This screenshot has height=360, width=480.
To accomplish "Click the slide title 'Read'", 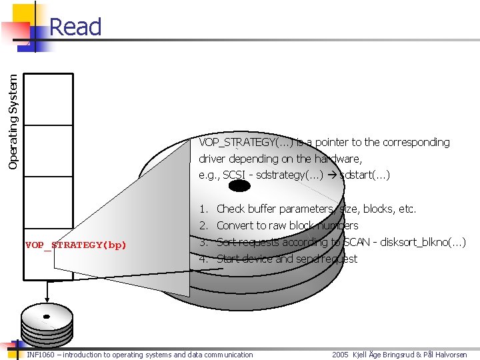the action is [75, 27].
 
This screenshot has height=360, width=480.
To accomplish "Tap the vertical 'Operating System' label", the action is [13, 111].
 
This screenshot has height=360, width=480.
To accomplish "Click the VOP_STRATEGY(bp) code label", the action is [75, 245].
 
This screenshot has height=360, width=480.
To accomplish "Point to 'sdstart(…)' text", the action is [365, 175].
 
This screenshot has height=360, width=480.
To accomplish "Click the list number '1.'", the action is [205, 209].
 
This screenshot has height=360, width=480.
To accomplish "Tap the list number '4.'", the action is [205, 259].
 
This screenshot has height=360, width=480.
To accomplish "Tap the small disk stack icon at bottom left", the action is [47, 326].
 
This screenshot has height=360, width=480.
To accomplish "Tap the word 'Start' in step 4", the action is [229, 259].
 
